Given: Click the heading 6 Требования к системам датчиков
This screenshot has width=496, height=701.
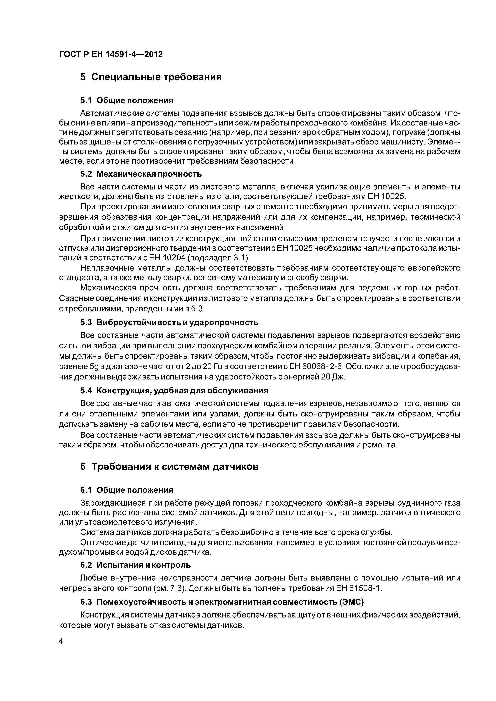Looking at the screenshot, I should (169, 467).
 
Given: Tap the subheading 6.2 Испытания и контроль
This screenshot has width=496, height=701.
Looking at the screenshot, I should (135, 565).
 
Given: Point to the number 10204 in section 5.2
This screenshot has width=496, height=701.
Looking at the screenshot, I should (174, 258).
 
